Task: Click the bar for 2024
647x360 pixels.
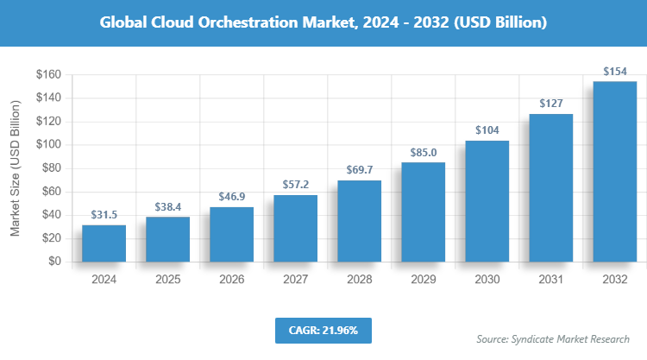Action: (x=104, y=243)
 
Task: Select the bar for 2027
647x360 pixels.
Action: (x=295, y=228)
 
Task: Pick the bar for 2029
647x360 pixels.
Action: (x=423, y=212)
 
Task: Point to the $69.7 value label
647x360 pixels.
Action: (x=359, y=170)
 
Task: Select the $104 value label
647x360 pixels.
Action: (x=487, y=130)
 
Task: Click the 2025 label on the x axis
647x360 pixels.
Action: (x=167, y=280)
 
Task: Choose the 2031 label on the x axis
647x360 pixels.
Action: (x=550, y=280)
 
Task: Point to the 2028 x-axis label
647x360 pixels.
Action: (x=359, y=280)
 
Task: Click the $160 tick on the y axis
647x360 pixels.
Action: (x=47, y=75)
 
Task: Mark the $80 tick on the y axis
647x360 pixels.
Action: (x=50, y=168)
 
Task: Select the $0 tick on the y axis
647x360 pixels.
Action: (x=53, y=262)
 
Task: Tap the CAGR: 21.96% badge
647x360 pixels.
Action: (x=323, y=330)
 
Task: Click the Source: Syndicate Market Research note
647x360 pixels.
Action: (x=553, y=338)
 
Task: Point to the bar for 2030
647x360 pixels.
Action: (x=487, y=201)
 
